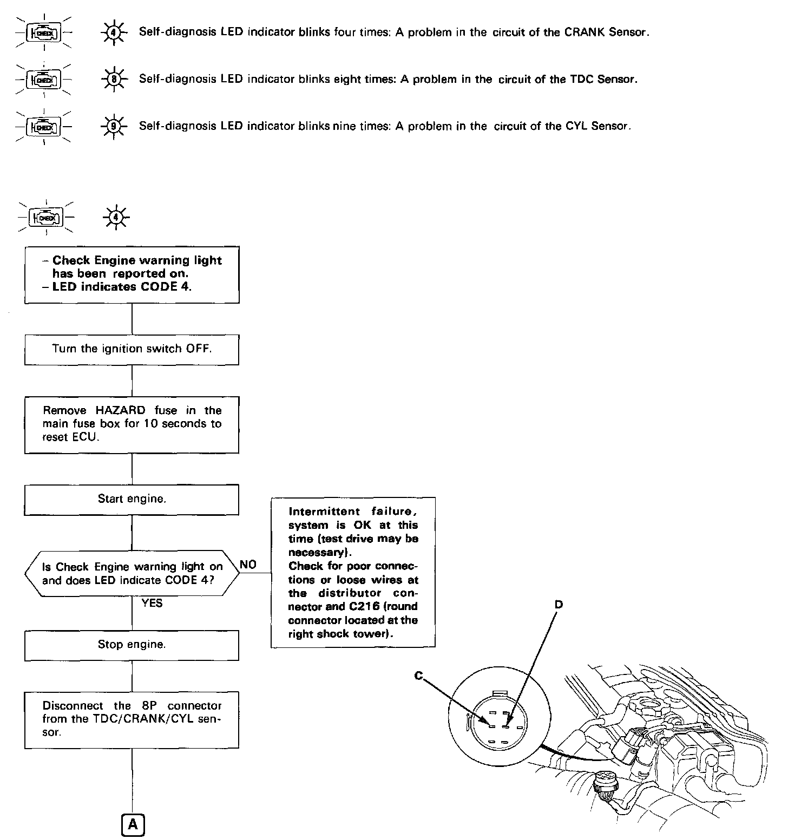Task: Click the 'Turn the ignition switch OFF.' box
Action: (132, 349)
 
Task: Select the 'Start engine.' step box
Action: (132, 499)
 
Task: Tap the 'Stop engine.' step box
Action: (132, 645)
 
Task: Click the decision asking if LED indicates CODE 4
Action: (132, 574)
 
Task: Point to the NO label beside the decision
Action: (248, 565)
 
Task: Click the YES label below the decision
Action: (152, 603)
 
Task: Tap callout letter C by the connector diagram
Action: (418, 676)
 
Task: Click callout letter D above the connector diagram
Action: (559, 604)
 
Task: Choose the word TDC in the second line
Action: (581, 80)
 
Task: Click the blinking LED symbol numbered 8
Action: (114, 80)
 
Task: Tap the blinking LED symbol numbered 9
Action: (114, 127)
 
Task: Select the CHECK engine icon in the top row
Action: (45, 32)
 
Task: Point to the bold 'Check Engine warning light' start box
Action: (132, 274)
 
